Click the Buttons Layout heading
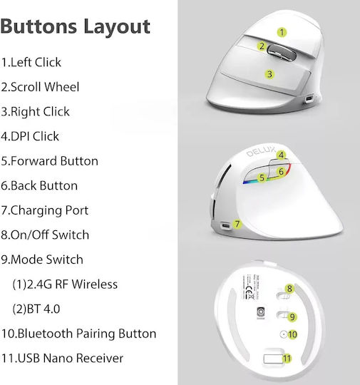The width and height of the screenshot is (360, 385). point(75,27)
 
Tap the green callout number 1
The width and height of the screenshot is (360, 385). point(282,32)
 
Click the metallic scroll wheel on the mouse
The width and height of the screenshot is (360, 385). point(281,53)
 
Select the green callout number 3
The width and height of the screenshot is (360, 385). point(269,74)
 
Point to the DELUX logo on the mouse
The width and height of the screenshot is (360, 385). point(261,151)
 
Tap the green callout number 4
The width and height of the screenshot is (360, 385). point(281,155)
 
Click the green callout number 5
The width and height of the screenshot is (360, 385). point(262,178)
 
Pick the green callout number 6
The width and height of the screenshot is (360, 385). point(281,171)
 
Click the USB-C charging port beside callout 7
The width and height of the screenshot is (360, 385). point(225,225)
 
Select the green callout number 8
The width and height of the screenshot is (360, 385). point(289,289)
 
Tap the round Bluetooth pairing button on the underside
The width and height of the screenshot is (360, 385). point(284,334)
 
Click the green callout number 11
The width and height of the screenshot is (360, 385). point(287,359)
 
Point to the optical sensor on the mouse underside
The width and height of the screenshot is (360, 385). point(260,312)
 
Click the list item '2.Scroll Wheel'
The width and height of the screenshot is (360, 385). point(40,87)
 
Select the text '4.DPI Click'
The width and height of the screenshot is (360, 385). point(30,136)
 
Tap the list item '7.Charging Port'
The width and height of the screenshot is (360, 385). point(44,210)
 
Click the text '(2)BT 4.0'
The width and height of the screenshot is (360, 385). point(36,309)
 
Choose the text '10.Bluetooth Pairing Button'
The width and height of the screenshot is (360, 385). point(78,334)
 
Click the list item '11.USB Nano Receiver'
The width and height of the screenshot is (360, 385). point(62,358)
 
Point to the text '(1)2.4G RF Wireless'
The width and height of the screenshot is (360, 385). point(65,284)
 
